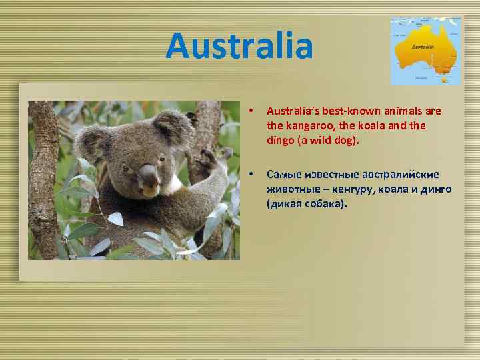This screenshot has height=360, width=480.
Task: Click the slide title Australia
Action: coord(239,46)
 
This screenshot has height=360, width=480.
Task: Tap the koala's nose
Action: coord(148,175)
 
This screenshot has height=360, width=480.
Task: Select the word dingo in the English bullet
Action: coord(281,141)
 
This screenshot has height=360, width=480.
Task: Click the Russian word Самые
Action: coord(283,175)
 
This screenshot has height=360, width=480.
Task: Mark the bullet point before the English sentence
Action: coord(250,111)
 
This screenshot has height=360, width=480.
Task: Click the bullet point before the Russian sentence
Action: coord(250,175)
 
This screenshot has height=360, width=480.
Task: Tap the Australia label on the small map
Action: coord(423,47)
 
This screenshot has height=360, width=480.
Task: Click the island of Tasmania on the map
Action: coord(444,79)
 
